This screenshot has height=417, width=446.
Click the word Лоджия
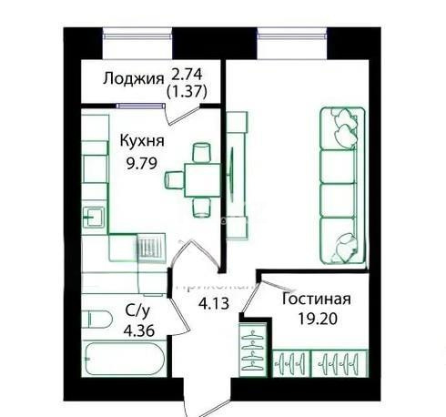pyautogui.click(x=133, y=77)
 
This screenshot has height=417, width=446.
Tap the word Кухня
pyautogui.click(x=141, y=141)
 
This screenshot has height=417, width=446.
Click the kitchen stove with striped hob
pyautogui.click(x=148, y=246)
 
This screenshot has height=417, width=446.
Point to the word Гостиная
pyautogui.click(x=317, y=300)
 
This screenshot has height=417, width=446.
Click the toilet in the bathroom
pyautogui.click(x=95, y=321)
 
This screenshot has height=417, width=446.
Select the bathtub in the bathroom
pyautogui.click(x=123, y=361)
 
